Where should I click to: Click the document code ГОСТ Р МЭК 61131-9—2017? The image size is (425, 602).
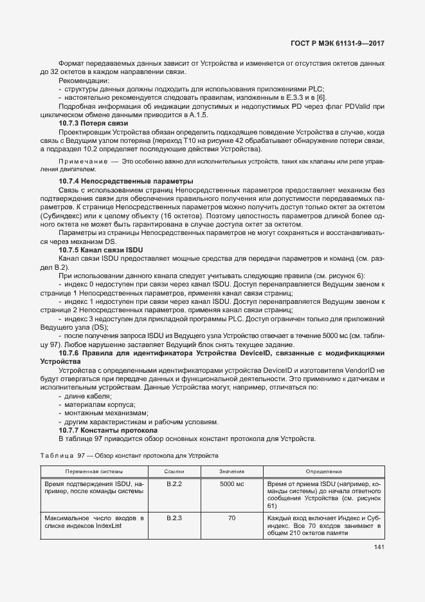(339, 44)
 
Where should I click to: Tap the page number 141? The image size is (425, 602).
(379, 547)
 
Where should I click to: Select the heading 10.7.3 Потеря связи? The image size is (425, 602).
(93, 123)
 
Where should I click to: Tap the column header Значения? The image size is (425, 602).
(231, 471)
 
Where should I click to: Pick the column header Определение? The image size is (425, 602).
(323, 471)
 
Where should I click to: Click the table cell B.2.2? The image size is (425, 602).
(175, 483)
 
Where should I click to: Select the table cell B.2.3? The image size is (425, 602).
(175, 517)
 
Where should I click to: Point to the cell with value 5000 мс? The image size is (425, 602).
(231, 483)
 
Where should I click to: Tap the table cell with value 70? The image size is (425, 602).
(231, 517)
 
